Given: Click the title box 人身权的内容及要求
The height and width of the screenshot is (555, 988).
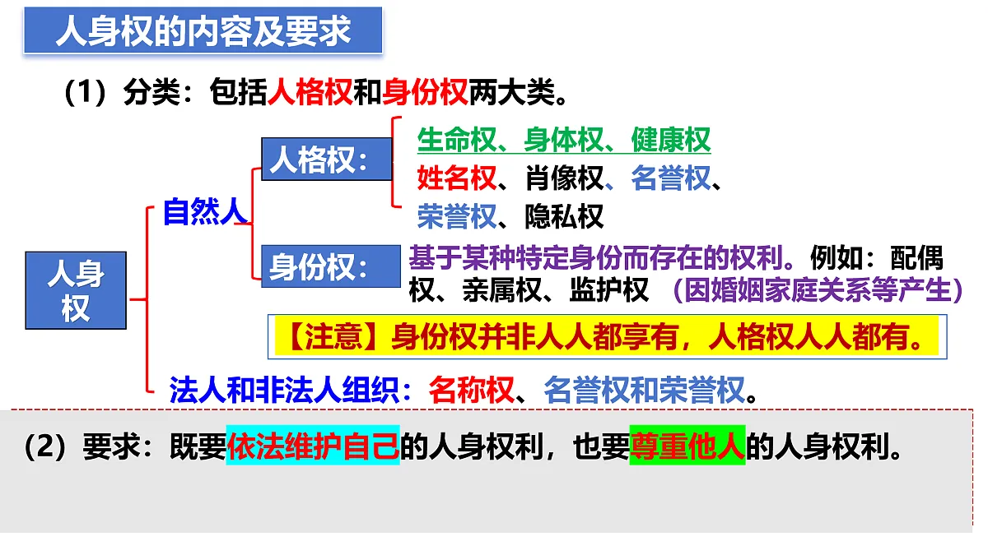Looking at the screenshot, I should [203, 30].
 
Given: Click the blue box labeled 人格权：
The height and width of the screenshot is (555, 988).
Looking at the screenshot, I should [326, 160].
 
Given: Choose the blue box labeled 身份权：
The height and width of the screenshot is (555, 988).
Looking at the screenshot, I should [326, 266].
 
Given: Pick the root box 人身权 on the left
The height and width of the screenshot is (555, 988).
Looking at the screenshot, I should [76, 290].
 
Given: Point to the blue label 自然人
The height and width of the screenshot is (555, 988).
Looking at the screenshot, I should [204, 212].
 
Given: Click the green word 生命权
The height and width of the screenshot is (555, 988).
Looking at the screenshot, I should [456, 140].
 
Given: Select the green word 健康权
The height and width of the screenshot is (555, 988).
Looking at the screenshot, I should [670, 140].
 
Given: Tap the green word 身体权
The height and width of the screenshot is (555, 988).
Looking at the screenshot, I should [563, 140].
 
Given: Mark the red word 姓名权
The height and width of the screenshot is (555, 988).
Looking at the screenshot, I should [456, 178].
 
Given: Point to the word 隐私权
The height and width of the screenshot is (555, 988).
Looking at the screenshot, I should [564, 215].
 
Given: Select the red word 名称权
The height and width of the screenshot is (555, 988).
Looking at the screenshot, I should [471, 389].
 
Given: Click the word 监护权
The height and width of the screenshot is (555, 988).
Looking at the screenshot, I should [609, 289].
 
